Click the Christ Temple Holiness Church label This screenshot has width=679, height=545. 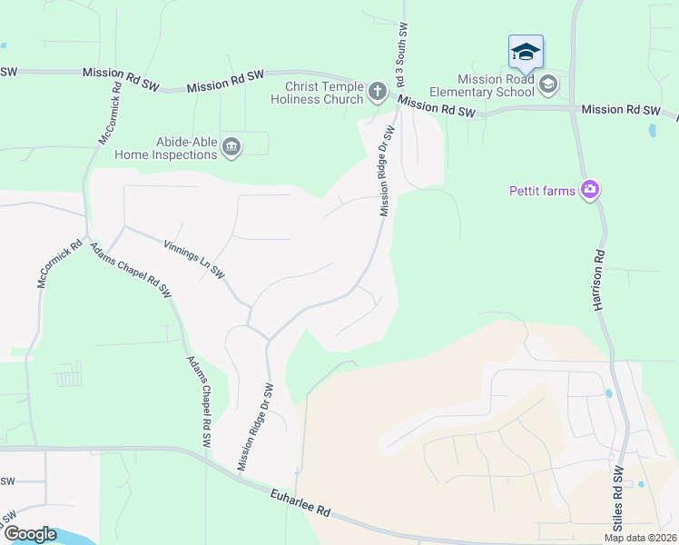(317, 92)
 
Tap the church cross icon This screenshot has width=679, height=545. (378, 91)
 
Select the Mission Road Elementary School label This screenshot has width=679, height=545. (482, 84)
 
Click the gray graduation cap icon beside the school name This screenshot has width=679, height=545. (547, 85)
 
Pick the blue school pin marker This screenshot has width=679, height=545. (526, 52)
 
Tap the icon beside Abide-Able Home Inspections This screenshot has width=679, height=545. (231, 147)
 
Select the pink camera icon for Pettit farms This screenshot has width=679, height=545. (591, 189)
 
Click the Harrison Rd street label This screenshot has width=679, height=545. (600, 282)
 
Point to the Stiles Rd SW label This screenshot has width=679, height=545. (619, 500)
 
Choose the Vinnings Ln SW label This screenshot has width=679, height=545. (193, 259)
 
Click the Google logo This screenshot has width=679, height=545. (29, 533)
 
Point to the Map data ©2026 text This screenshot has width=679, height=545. (641, 538)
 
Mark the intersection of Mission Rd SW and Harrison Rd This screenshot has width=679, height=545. (573, 109)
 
